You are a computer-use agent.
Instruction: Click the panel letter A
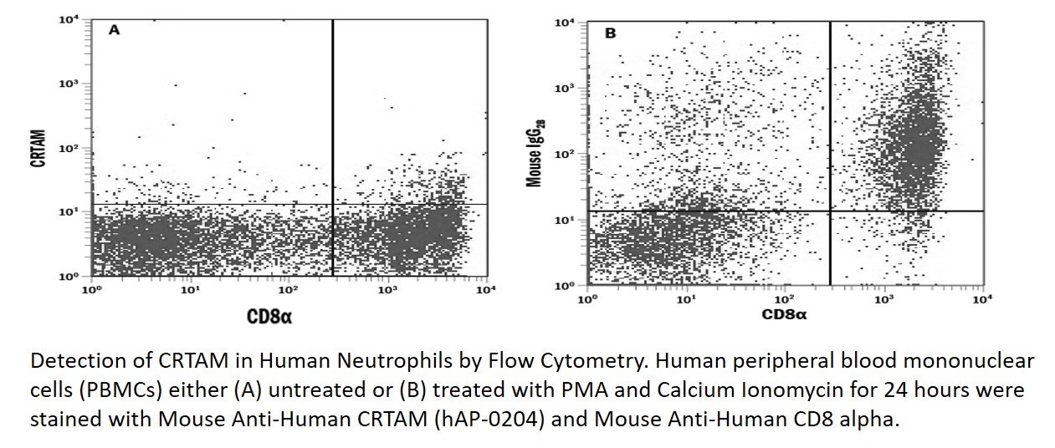[115, 30]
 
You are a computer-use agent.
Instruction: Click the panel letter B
[611, 33]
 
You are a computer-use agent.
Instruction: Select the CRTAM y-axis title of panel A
[38, 147]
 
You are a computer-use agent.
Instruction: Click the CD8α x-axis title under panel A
[269, 316]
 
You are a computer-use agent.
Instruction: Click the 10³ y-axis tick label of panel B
[565, 88]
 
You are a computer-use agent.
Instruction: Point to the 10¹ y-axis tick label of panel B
[565, 219]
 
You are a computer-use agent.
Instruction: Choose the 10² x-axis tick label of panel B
[784, 298]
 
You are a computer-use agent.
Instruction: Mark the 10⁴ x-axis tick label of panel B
[981, 298]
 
